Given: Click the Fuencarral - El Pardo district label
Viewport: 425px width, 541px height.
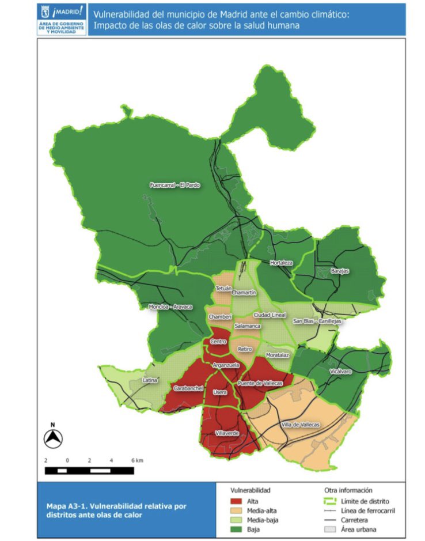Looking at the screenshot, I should pyautogui.click(x=174, y=185).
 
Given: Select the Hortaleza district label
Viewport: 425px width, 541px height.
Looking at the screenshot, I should pyautogui.click(x=282, y=263).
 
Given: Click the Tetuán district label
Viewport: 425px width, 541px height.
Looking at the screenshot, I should pyautogui.click(x=223, y=287).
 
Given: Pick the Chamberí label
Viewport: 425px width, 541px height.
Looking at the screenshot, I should pyautogui.click(x=220, y=317).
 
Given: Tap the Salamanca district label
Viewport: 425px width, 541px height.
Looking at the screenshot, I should pyautogui.click(x=248, y=326).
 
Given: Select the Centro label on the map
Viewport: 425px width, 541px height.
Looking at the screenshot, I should pyautogui.click(x=218, y=342).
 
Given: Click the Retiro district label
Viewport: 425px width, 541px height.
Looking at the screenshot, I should pyautogui.click(x=245, y=349).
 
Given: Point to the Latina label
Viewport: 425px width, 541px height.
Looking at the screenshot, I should pyautogui.click(x=150, y=380).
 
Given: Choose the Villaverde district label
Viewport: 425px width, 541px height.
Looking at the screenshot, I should pyautogui.click(x=227, y=433).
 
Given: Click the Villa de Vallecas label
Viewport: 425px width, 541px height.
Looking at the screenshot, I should pyautogui.click(x=300, y=424).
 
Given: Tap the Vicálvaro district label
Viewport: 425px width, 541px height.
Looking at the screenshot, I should pyautogui.click(x=341, y=372).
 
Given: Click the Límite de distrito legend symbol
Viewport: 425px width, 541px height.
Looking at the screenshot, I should pyautogui.click(x=329, y=501).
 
